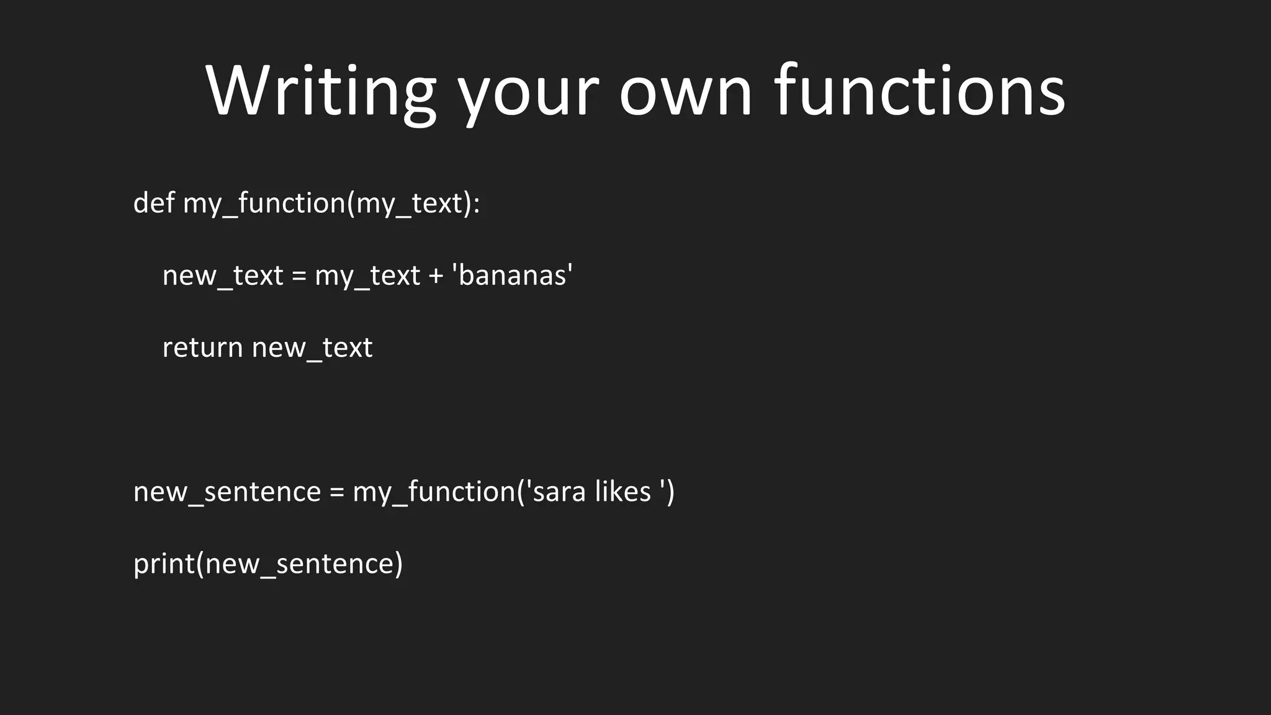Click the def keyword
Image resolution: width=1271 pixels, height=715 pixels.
click(x=153, y=203)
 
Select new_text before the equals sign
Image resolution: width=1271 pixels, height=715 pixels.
click(x=222, y=276)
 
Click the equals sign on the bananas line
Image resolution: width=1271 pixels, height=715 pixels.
click(x=299, y=276)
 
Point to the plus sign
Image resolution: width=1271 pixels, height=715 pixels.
click(x=436, y=276)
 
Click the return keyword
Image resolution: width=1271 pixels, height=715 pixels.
click(x=202, y=348)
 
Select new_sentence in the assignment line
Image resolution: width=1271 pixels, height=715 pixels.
click(x=227, y=492)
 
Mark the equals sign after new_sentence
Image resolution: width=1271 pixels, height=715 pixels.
click(x=336, y=492)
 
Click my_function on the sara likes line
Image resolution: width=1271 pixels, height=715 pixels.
click(x=434, y=492)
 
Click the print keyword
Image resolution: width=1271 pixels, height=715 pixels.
click(x=164, y=564)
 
